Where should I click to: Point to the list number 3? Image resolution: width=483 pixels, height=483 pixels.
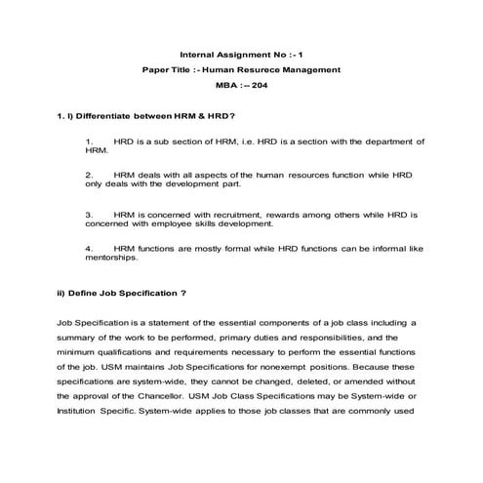pyautogui.click(x=89, y=213)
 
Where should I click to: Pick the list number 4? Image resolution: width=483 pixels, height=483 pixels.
pyautogui.click(x=89, y=249)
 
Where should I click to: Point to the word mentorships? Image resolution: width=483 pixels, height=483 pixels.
pyautogui.click(x=113, y=259)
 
